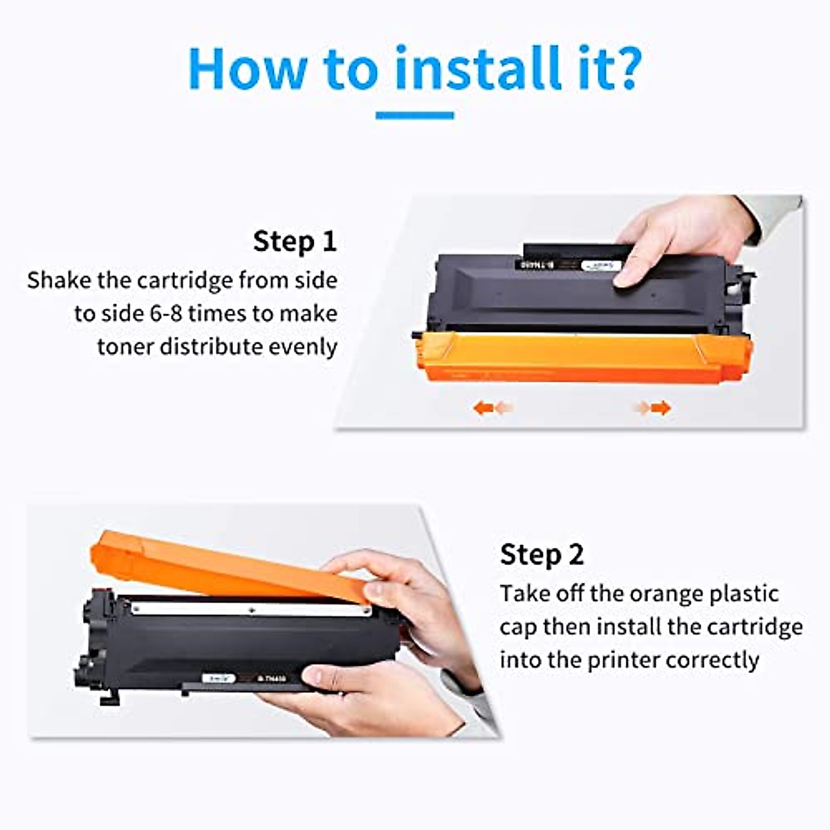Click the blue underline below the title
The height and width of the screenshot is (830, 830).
pos(414,116)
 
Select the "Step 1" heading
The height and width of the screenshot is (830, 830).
pos(295,241)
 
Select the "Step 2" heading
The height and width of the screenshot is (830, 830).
pos(542,555)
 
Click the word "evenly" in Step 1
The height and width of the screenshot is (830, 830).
pos(302,347)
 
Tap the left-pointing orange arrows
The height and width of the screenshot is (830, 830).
pos(492,408)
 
